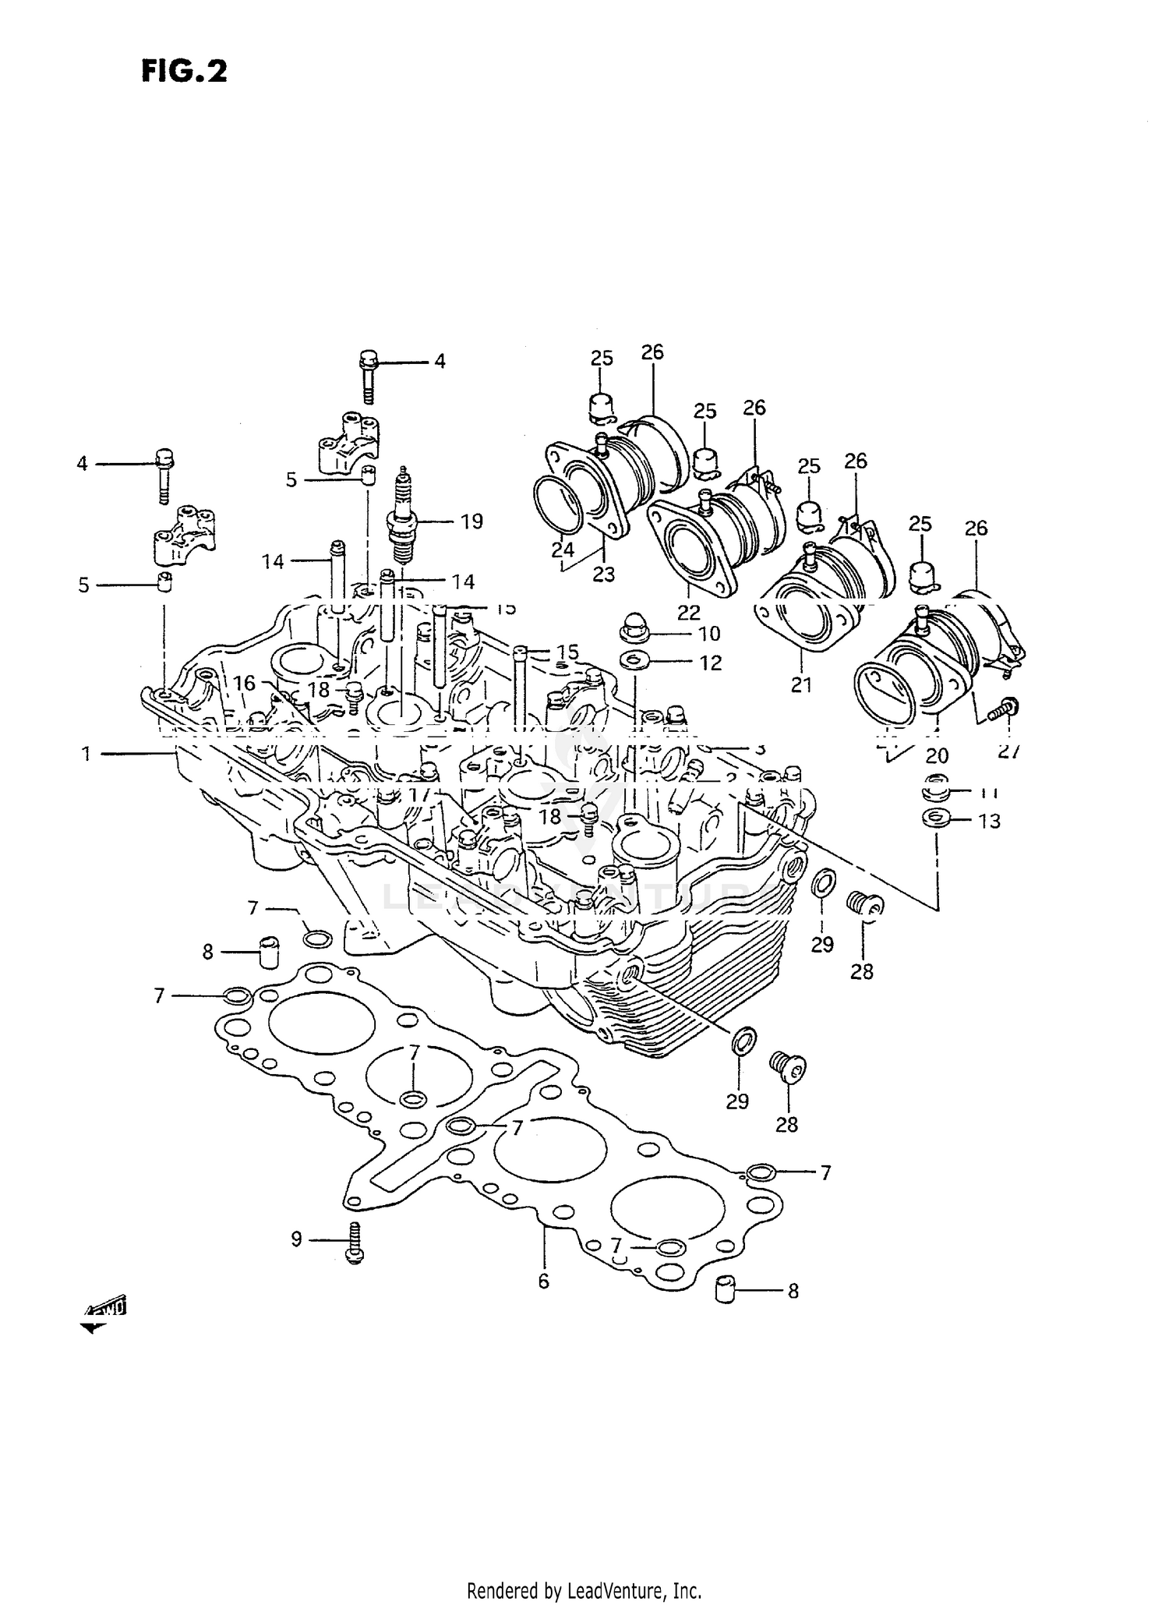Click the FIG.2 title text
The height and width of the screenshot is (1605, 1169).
[184, 71]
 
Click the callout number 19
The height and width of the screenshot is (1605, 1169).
[471, 521]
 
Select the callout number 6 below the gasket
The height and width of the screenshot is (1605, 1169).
[543, 1281]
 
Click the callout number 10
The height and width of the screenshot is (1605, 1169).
[709, 634]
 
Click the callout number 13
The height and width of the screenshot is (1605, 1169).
[988, 821]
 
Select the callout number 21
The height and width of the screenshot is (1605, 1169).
[801, 684]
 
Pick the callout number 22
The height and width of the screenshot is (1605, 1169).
[689, 612]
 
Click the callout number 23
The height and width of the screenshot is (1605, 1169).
[603, 574]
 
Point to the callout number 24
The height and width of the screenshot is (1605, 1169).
[563, 550]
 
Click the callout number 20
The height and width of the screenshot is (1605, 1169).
[937, 755]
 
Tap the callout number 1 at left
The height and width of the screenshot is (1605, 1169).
[86, 753]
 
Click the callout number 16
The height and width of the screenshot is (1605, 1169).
[245, 684]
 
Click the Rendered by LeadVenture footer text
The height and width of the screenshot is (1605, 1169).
[584, 1590]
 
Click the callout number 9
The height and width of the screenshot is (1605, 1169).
[296, 1239]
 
